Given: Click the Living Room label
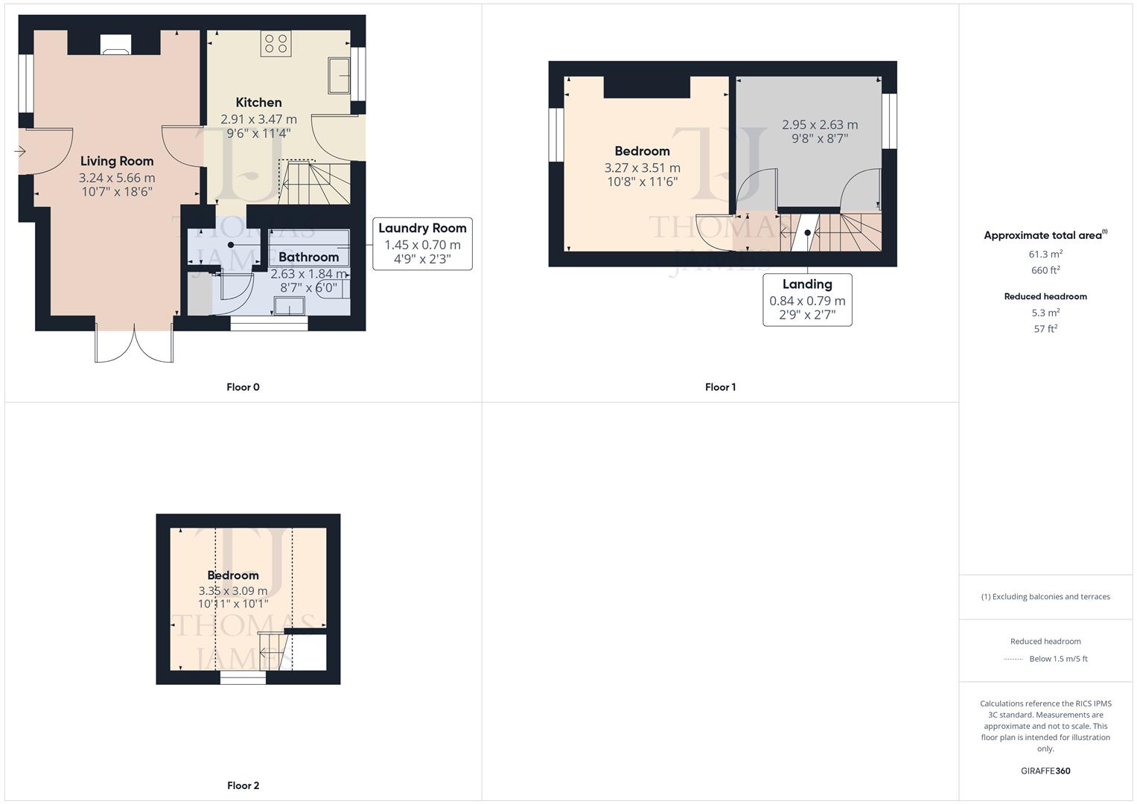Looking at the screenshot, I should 117,161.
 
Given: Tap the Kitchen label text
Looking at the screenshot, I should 258,103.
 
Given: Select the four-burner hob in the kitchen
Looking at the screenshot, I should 276,43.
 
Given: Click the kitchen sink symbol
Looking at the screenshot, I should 340,74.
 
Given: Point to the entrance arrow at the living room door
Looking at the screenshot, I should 20,152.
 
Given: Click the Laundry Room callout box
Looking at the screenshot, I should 422,243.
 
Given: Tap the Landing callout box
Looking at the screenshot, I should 807,300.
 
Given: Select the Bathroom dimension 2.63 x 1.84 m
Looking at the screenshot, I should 308,274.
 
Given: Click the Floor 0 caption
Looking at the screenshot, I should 243,387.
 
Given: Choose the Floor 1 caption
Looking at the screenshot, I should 720,387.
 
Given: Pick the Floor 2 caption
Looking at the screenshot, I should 243,785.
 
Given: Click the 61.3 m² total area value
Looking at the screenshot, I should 1045,254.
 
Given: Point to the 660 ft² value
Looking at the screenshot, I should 1045,270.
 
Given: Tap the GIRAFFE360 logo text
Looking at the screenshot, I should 1045,771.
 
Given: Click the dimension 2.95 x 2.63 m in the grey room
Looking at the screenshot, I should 819,125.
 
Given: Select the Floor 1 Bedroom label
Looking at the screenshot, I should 642,151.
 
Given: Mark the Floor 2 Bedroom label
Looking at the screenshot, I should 233,575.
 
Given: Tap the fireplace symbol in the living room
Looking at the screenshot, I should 115,46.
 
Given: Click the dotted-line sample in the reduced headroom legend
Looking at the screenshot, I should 1013,659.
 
